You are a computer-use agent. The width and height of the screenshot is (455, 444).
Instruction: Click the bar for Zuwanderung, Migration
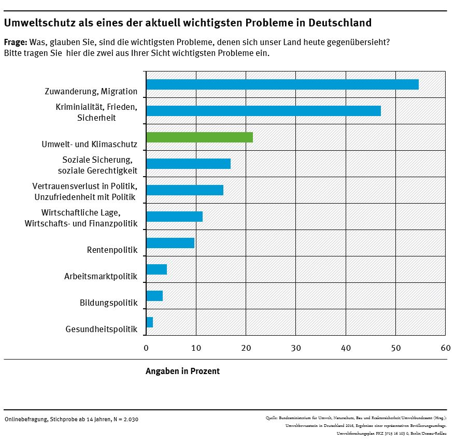[x=282, y=84]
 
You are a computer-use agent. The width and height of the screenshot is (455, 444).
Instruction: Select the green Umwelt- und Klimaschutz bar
[x=200, y=137]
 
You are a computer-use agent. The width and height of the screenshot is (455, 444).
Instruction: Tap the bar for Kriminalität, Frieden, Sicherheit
[x=263, y=111]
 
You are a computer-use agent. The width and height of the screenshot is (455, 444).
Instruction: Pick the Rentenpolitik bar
[x=170, y=243]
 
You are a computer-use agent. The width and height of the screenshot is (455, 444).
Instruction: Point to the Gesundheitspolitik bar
[x=150, y=322]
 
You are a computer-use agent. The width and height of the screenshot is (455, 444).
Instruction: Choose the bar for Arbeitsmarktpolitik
[x=157, y=269]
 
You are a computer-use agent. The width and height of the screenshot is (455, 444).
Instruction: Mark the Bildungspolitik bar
[x=154, y=296]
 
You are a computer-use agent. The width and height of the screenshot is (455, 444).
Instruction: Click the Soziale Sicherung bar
[x=188, y=164]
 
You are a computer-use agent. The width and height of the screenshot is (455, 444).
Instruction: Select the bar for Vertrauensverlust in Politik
[x=185, y=190]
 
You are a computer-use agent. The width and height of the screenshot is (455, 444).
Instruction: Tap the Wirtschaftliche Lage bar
[x=175, y=217]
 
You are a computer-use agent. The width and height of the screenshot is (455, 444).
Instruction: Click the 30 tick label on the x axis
[x=296, y=348]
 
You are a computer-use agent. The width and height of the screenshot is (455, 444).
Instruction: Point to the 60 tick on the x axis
[x=445, y=348]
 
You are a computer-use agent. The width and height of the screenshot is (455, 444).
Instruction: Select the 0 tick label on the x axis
[x=146, y=348]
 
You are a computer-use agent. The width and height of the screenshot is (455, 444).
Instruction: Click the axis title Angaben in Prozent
[x=182, y=371]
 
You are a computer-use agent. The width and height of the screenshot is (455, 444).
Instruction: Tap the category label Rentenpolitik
[x=112, y=251]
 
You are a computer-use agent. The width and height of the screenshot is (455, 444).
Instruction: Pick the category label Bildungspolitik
[x=109, y=303]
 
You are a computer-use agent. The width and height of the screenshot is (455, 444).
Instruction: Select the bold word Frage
[x=16, y=42]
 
